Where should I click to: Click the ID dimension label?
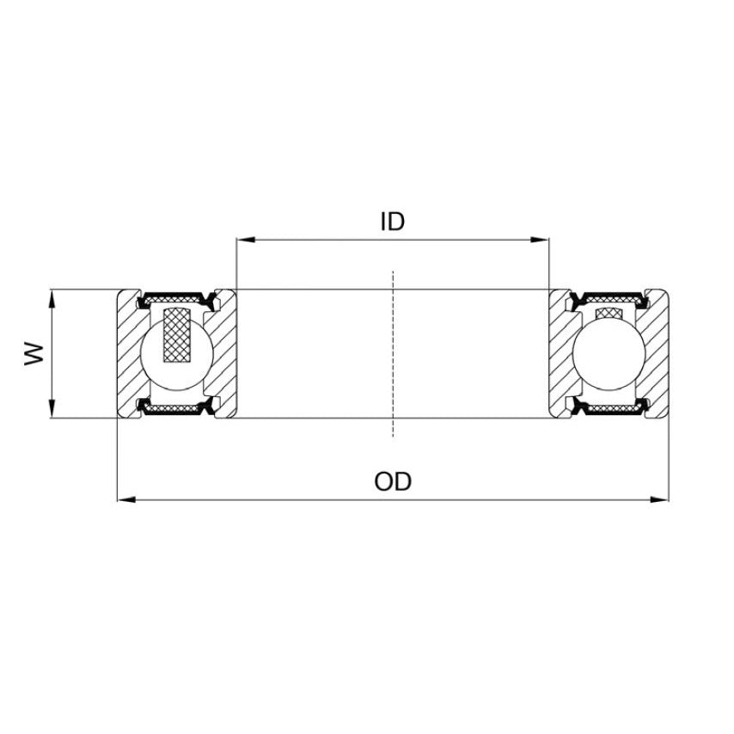[392, 222]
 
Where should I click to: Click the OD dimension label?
[393, 481]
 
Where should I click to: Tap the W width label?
[34, 353]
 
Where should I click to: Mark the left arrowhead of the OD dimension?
[124, 499]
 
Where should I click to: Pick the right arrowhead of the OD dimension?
[661, 499]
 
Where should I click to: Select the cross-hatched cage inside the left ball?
[181, 334]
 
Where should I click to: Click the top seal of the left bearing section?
[176, 298]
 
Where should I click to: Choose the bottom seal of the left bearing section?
[176, 410]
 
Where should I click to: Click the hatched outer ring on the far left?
[127, 353]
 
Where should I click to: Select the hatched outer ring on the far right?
[658, 353]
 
